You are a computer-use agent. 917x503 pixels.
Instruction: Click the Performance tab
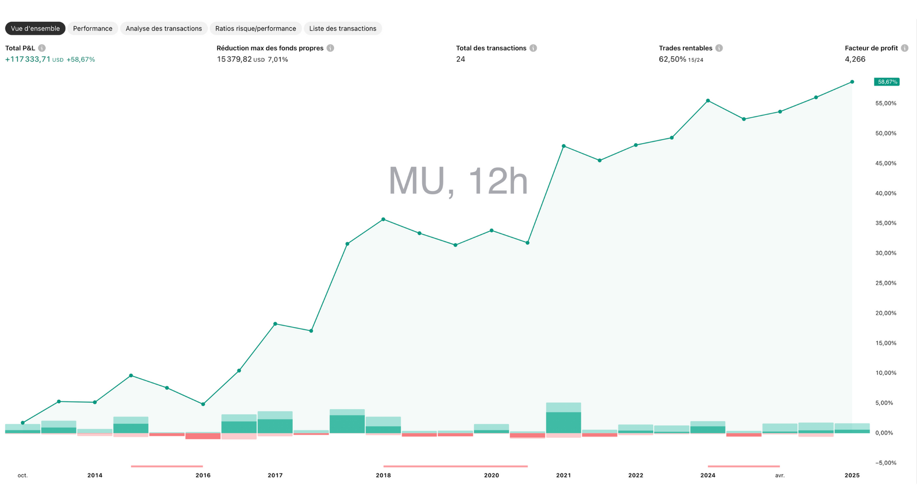point(92,29)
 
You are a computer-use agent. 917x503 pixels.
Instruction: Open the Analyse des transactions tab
point(164,29)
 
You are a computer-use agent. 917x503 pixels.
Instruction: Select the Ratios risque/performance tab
point(255,29)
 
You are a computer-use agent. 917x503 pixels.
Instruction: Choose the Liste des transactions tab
point(343,29)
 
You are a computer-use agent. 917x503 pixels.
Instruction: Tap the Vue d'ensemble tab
point(35,29)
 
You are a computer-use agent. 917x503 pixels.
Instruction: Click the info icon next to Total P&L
point(42,48)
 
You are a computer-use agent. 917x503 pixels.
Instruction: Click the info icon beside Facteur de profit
point(904,48)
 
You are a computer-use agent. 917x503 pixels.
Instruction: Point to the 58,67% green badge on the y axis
point(887,82)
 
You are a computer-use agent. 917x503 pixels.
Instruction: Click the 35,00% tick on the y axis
point(885,223)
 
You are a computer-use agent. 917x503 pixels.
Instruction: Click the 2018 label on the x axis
point(383,475)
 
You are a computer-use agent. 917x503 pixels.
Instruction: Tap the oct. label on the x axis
point(23,475)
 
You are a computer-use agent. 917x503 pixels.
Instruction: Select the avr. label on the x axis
point(780,475)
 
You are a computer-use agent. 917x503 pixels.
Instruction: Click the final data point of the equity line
point(852,82)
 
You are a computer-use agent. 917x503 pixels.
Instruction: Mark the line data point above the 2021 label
point(564,146)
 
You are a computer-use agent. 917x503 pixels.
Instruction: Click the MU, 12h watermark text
point(458,181)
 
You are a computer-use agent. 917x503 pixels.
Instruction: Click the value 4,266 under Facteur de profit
point(855,59)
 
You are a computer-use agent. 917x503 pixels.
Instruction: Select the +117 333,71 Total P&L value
point(28,59)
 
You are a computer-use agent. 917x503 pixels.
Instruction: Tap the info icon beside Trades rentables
point(719,48)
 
